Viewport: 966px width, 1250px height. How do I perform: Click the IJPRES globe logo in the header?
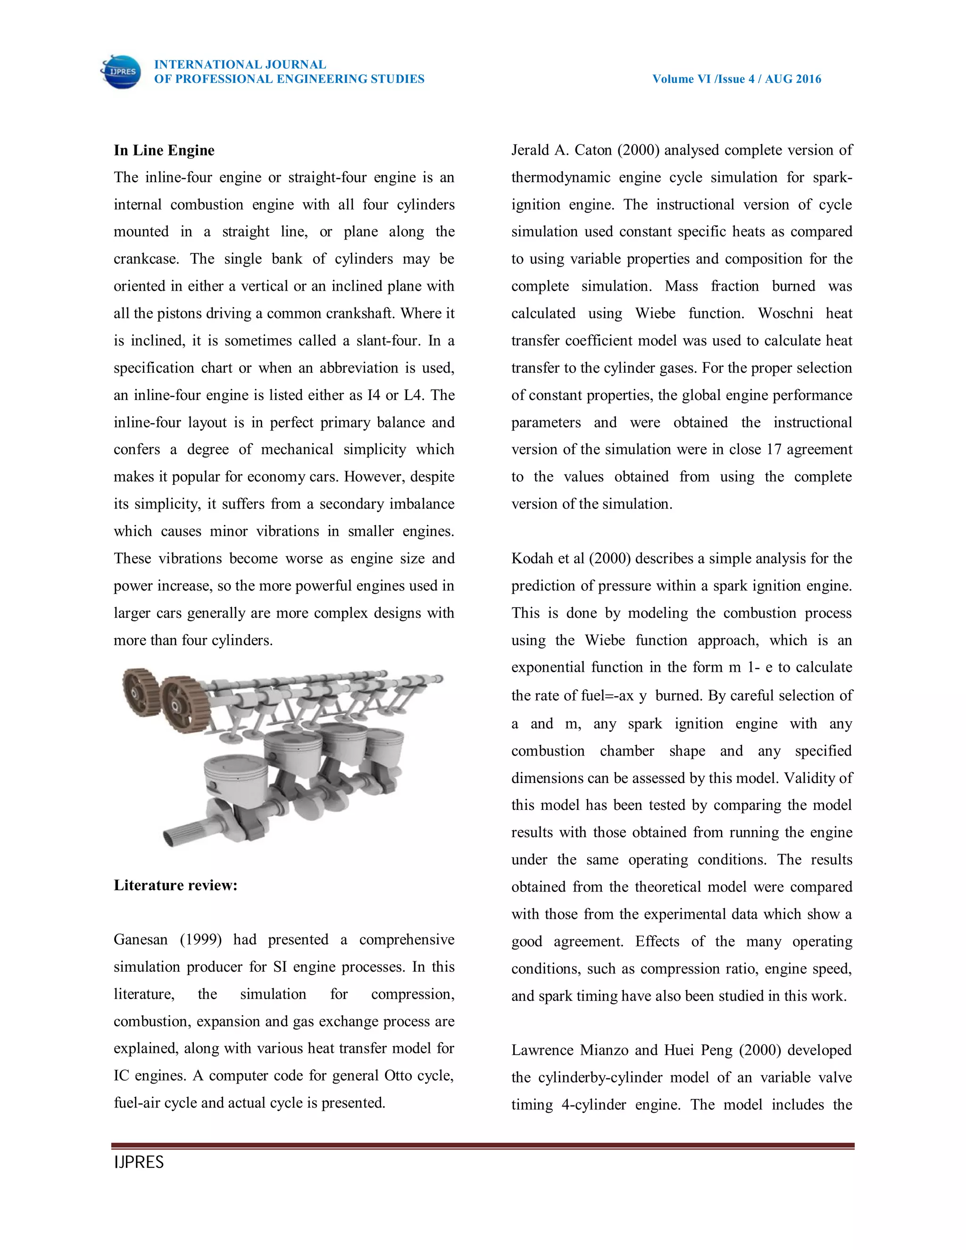(121, 72)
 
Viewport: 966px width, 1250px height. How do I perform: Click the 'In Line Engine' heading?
(164, 150)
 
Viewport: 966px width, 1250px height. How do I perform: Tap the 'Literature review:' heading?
(175, 885)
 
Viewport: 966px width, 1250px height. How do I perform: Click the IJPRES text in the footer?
(139, 1162)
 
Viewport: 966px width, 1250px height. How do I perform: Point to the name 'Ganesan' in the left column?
(140, 940)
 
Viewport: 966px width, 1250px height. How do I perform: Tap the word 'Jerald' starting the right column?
(529, 150)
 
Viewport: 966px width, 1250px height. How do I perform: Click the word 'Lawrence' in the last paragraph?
(542, 1050)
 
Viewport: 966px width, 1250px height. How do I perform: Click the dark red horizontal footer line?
(483, 1146)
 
